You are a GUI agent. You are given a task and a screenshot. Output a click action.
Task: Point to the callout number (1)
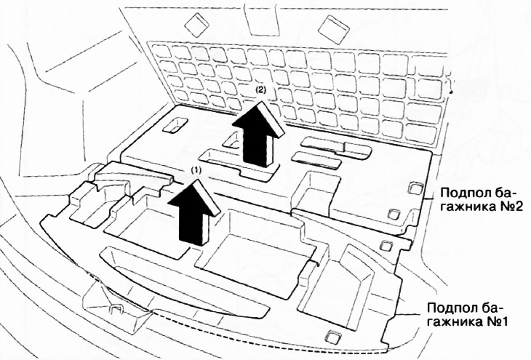195,168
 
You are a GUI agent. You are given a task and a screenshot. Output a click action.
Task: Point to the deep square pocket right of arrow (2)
315,188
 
